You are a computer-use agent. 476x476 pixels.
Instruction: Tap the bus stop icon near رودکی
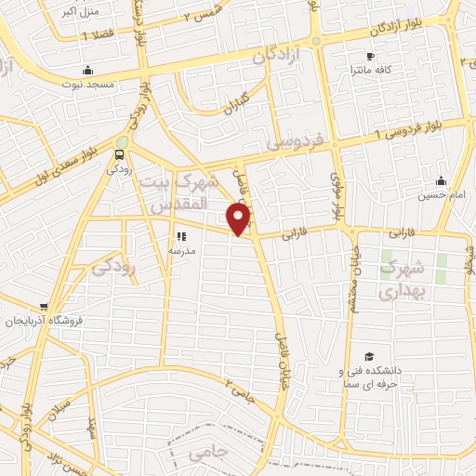tap(121, 154)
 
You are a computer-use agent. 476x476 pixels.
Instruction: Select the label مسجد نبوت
tap(88, 84)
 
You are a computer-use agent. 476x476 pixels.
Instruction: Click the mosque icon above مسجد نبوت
tap(88, 70)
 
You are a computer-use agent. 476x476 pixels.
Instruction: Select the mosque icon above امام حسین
tap(440, 180)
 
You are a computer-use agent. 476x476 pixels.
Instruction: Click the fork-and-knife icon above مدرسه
tap(181, 237)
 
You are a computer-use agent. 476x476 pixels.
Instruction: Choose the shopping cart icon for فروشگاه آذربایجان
tap(45, 307)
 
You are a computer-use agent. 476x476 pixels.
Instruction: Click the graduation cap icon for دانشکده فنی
tap(369, 357)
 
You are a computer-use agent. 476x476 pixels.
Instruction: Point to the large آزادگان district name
tap(278, 57)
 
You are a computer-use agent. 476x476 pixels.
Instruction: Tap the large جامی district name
tap(208, 455)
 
